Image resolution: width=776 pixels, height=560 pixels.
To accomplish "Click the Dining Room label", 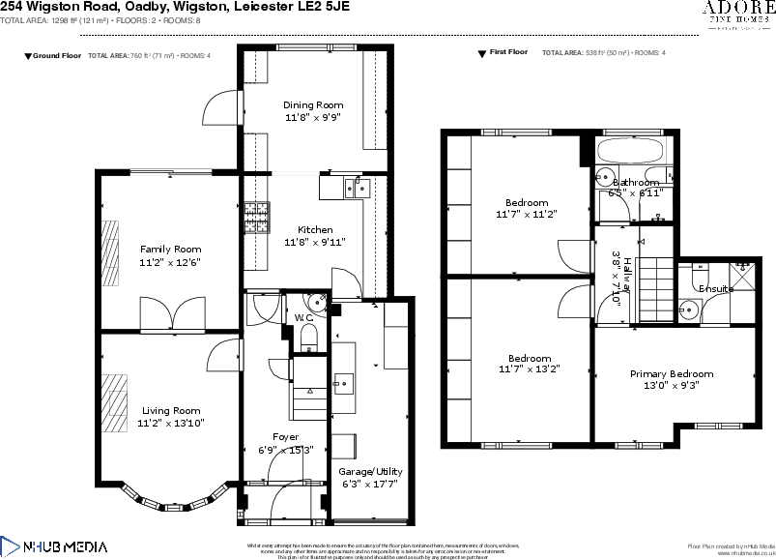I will pyautogui.click(x=312, y=104).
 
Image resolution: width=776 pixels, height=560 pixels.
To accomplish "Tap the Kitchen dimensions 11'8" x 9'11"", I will pyautogui.click(x=315, y=243).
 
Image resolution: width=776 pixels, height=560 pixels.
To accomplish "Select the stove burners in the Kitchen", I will pyautogui.click(x=256, y=218).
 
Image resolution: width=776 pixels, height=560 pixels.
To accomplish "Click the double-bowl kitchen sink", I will pyautogui.click(x=356, y=187).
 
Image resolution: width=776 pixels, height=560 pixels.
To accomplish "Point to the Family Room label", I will pyautogui.click(x=170, y=250).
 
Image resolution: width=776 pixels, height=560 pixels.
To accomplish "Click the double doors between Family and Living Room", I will pyautogui.click(x=172, y=315).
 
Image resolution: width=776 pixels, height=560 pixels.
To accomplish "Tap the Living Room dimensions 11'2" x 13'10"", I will pyautogui.click(x=171, y=423).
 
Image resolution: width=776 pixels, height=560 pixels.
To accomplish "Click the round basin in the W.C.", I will pyautogui.click(x=319, y=299).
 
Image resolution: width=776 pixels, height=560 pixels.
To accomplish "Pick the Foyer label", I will pyautogui.click(x=285, y=437).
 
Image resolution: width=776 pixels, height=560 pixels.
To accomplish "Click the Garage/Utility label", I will pyautogui.click(x=370, y=471).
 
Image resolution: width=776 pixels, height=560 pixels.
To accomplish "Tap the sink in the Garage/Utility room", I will pyautogui.click(x=343, y=384).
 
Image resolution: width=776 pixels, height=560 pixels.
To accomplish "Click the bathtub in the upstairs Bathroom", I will pyautogui.click(x=631, y=151).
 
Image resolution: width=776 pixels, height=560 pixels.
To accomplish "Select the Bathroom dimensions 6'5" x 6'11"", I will pyautogui.click(x=634, y=193).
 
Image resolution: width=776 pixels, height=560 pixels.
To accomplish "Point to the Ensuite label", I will pyautogui.click(x=716, y=289).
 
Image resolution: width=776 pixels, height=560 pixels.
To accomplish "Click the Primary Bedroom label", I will pyautogui.click(x=672, y=374).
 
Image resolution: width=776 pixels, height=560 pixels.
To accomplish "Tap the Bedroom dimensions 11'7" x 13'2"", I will pyautogui.click(x=530, y=369).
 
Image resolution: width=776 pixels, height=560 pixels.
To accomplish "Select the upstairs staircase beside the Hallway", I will pyautogui.click(x=658, y=280).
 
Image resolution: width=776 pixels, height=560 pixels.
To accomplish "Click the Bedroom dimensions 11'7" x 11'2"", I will pyautogui.click(x=527, y=214).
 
